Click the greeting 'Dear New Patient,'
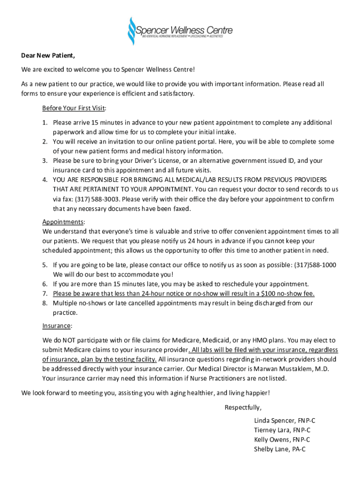tap(48, 56)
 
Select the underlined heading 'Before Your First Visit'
tap(73, 108)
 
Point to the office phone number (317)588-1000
tap(315, 265)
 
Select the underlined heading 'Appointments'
tap(63, 222)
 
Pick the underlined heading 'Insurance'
tap(57, 326)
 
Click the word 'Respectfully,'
tap(243, 406)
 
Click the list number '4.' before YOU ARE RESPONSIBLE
tap(45, 180)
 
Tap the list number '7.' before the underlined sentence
tap(45, 293)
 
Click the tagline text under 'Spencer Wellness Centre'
tap(182, 36)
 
